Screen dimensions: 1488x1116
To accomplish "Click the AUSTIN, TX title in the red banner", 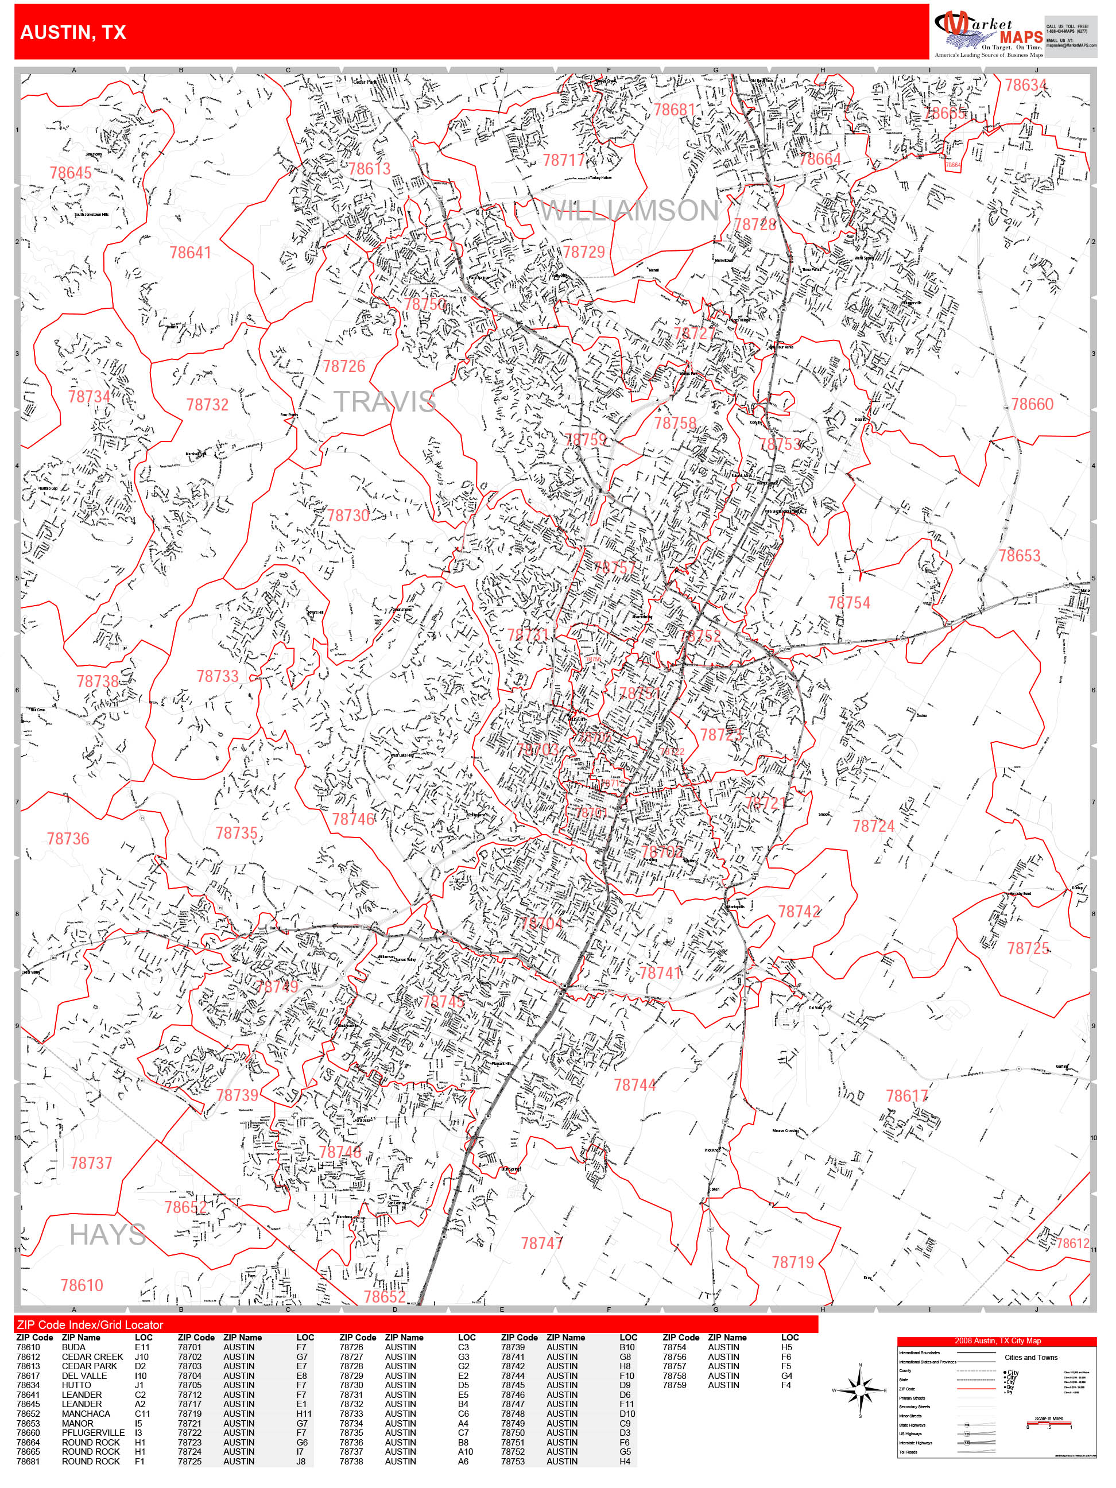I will click(x=73, y=33).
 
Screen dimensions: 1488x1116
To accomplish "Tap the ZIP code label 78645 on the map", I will click(x=70, y=173).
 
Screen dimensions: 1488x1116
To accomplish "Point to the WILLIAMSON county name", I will click(x=630, y=211).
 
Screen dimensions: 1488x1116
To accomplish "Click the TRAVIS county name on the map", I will click(x=385, y=402).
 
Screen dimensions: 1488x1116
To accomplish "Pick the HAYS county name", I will click(x=107, y=1235).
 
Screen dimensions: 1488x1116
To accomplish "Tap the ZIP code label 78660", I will click(x=1032, y=404).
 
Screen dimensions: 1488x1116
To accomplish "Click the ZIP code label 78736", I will click(x=68, y=839).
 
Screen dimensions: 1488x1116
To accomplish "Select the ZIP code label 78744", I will click(x=634, y=1085).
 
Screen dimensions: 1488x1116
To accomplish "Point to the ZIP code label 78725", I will click(x=1027, y=948).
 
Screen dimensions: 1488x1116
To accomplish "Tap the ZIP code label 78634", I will click(x=1025, y=86).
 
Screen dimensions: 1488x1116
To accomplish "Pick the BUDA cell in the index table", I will click(x=73, y=1347).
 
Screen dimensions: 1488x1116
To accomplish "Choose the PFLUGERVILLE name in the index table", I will click(x=93, y=1433).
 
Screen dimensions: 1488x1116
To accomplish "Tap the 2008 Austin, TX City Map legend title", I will click(x=997, y=1340).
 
